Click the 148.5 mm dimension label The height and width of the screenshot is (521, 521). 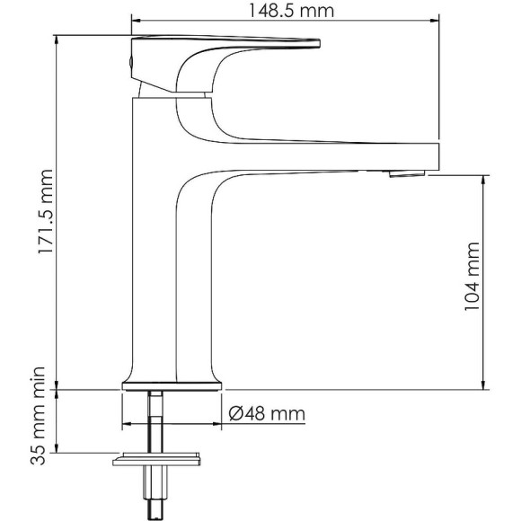tap(285, 11)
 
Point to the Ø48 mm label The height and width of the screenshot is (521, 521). tap(267, 414)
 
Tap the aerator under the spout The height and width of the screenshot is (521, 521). tap(405, 172)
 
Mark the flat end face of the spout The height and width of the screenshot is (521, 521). tap(437, 155)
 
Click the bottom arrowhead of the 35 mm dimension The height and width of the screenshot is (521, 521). tap(57, 452)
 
